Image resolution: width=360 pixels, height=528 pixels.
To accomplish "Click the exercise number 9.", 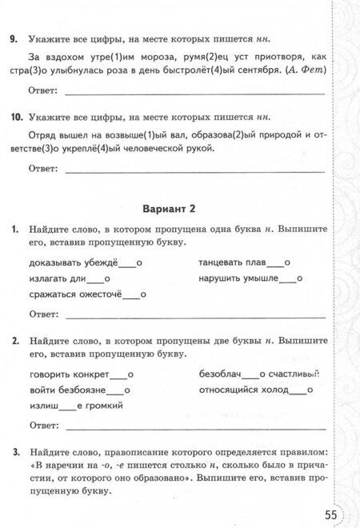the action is pyautogui.click(x=12, y=38).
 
